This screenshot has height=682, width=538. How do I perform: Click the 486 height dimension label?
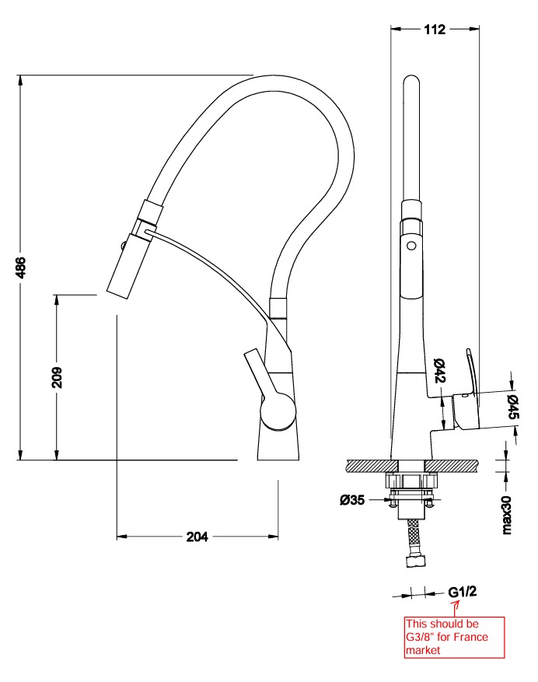tap(21, 267)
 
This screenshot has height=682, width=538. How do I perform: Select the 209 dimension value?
tap(58, 377)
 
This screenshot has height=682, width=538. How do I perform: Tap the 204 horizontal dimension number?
tap(197, 537)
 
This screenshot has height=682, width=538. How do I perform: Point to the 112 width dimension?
tap(435, 30)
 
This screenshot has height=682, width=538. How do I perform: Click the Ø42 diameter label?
tap(439, 371)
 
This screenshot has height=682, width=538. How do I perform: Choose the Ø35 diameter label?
tap(352, 500)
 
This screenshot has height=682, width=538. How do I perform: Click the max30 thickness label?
tap(507, 515)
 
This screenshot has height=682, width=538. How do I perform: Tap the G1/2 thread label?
tap(463, 592)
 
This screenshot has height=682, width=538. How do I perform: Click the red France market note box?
tap(455, 637)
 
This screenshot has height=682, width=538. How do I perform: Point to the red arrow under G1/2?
tap(456, 608)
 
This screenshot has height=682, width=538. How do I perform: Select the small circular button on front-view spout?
tap(411, 246)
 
